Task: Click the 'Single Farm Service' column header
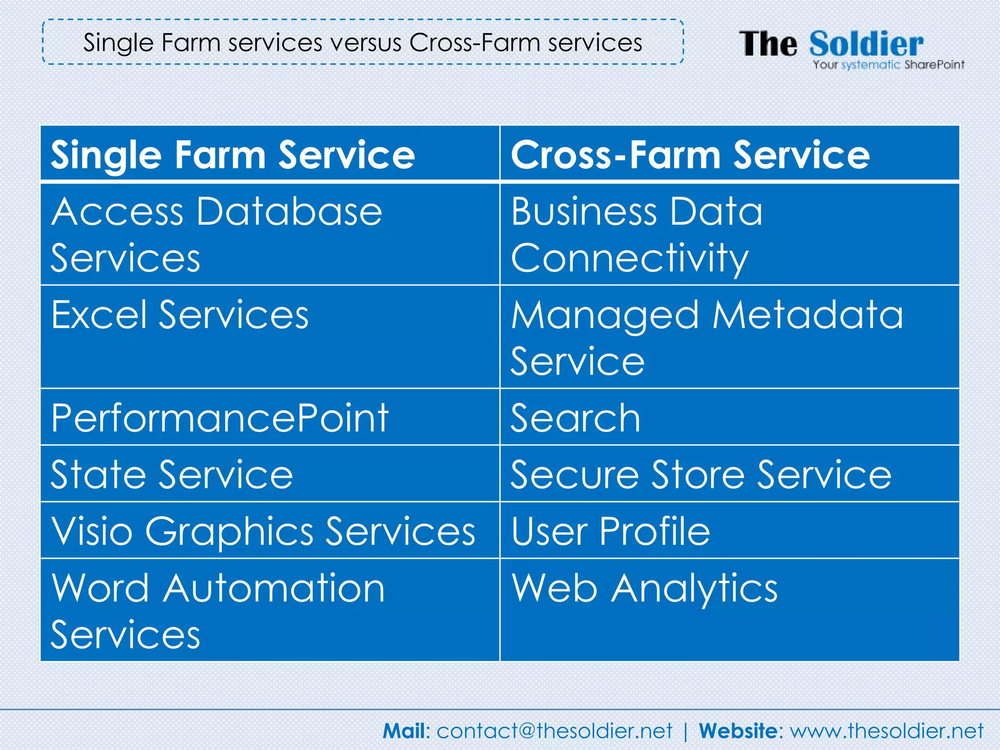(x=233, y=155)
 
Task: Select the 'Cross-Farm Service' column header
(x=690, y=155)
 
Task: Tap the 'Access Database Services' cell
(x=217, y=234)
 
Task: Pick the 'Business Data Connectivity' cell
(x=637, y=234)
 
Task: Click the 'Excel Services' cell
(x=180, y=315)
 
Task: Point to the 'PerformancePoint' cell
(x=220, y=418)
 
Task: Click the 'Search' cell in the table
(x=575, y=418)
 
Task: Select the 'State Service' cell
(x=172, y=474)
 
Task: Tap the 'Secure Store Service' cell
(x=701, y=474)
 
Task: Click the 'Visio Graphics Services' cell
(x=263, y=531)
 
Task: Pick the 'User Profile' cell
(x=610, y=531)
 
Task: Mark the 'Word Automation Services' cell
(x=218, y=611)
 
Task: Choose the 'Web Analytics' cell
(x=644, y=588)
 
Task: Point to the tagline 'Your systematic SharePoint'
(x=888, y=65)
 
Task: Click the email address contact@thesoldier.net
(x=554, y=731)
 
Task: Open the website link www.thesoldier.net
(x=887, y=731)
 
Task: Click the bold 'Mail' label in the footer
(x=404, y=731)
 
